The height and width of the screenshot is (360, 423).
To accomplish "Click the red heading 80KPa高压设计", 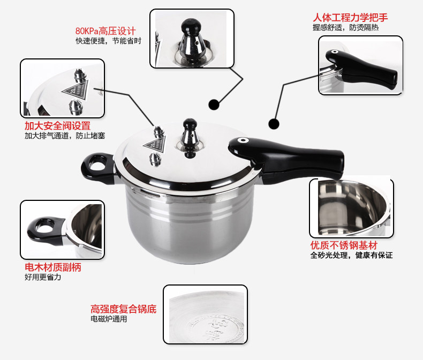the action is pyautogui.click(x=105, y=31).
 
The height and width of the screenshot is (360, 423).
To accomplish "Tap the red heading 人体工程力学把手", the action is pyautogui.click(x=350, y=18).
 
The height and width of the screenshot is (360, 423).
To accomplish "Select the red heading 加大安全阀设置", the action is pyautogui.click(x=57, y=126).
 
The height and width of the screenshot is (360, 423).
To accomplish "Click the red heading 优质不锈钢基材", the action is pyautogui.click(x=344, y=245).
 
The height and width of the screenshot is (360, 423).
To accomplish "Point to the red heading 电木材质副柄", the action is pyautogui.click(x=53, y=267).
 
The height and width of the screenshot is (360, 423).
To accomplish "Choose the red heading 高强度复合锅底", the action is pyautogui.click(x=123, y=309).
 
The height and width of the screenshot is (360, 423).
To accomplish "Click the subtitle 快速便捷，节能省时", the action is pyautogui.click(x=109, y=41).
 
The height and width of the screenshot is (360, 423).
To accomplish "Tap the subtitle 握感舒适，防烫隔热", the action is pyautogui.click(x=346, y=27).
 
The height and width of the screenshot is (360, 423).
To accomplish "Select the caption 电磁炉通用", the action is pyautogui.click(x=109, y=319).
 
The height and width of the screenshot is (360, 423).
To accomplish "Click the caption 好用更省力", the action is pyautogui.click(x=43, y=277).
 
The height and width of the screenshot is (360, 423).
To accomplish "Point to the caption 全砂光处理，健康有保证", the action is pyautogui.click(x=351, y=255).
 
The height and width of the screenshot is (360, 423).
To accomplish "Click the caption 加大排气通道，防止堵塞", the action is pyautogui.click(x=65, y=136).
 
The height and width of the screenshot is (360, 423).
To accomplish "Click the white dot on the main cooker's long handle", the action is pyautogui.click(x=243, y=140).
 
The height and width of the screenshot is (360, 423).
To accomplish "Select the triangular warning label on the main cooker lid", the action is pyautogui.click(x=155, y=144).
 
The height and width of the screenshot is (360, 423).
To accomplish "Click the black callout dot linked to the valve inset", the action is pyautogui.click(x=214, y=104).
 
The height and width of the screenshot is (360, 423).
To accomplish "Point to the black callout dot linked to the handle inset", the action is pyautogui.click(x=274, y=124).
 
